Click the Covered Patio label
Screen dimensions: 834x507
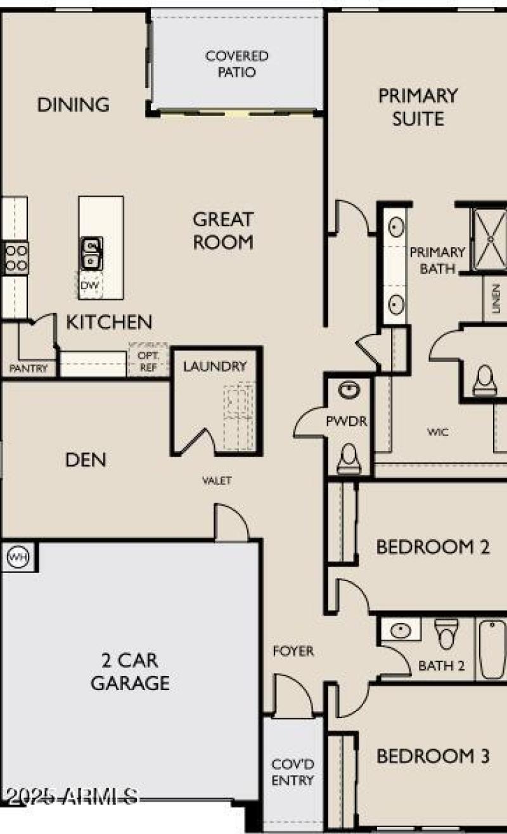[x=237, y=64]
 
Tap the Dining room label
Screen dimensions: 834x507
[x=74, y=105]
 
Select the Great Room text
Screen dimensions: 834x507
[x=223, y=231]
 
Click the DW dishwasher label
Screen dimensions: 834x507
[x=89, y=286]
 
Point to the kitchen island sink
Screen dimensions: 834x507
[x=93, y=252]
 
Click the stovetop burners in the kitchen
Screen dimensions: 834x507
[x=16, y=258]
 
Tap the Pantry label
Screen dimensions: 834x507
[x=29, y=368]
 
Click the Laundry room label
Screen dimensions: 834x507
[x=215, y=366]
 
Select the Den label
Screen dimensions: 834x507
[x=86, y=460]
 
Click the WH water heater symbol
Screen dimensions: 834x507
[x=17, y=557]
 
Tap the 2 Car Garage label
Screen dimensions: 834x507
[x=130, y=672]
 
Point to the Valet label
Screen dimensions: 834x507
[x=217, y=481]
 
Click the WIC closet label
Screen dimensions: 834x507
[x=438, y=432]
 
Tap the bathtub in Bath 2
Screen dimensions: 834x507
[x=491, y=648]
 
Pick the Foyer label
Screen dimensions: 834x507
[x=293, y=651]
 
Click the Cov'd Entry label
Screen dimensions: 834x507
[x=293, y=771]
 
